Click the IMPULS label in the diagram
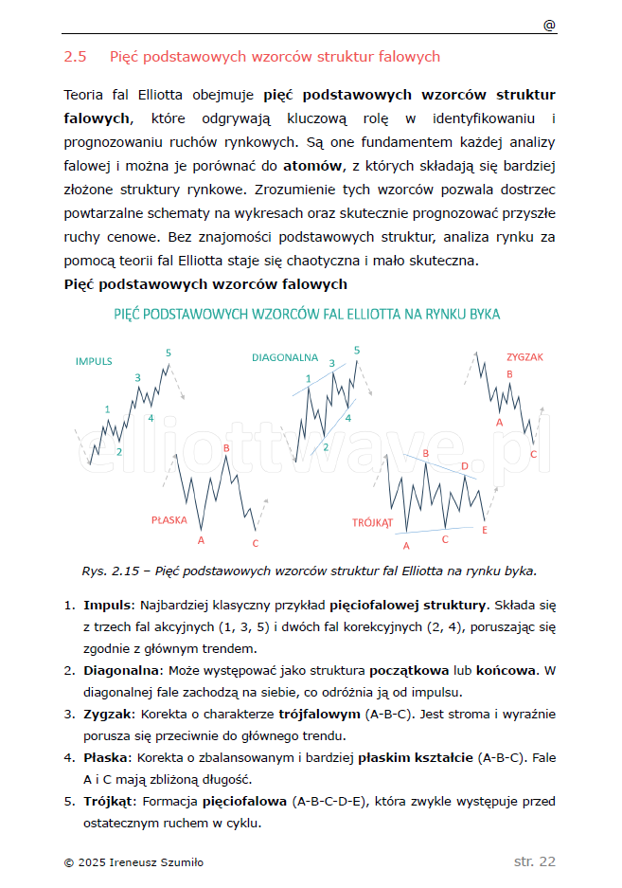point(94,361)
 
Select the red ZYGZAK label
point(524,357)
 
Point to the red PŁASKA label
point(169,519)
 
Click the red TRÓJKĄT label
point(372,521)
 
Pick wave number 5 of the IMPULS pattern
point(169,353)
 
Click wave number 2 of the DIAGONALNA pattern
point(325,447)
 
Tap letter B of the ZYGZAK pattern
point(509,374)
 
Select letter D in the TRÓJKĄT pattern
point(464,466)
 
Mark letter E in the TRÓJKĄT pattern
point(484,530)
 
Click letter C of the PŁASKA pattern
point(256,543)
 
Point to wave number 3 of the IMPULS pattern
point(137,378)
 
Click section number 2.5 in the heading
point(76,57)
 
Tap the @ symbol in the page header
point(549,26)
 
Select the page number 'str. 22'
point(535,861)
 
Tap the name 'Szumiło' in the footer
point(181,862)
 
